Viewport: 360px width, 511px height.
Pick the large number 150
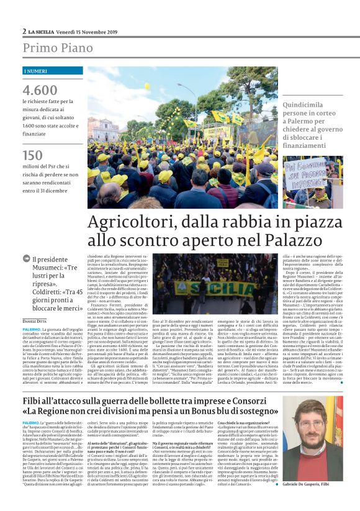33,155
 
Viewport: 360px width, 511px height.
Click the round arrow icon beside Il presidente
26,258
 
